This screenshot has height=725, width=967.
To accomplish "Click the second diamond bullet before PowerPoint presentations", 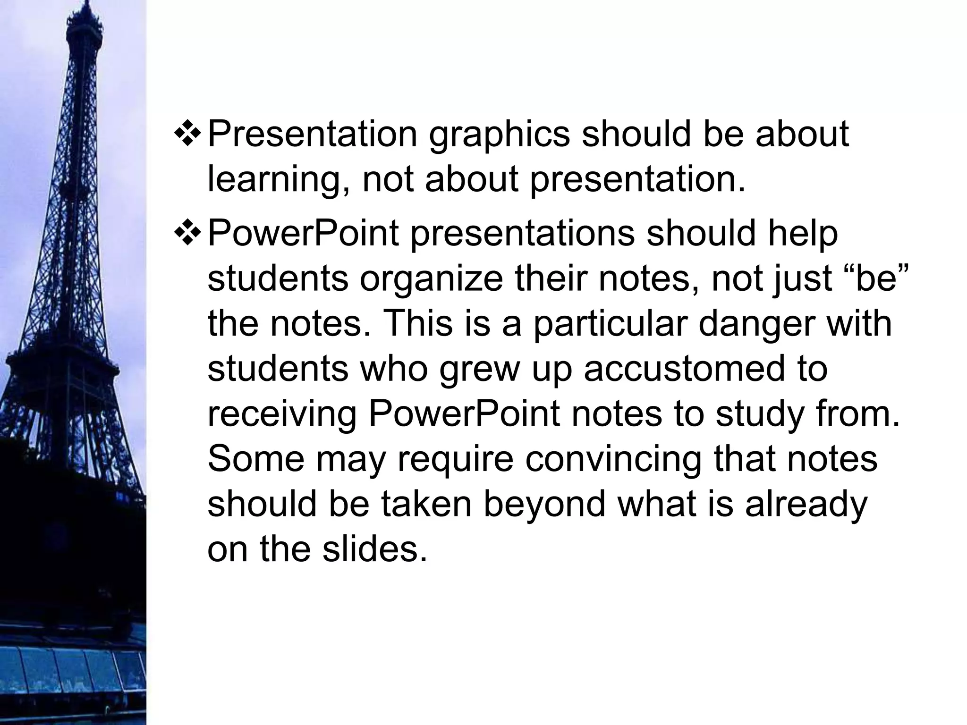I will point(188,235).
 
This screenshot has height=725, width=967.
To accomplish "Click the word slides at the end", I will point(374,549).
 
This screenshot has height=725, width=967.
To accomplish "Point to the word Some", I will point(256,459).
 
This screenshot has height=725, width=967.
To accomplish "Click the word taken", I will point(426,504).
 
